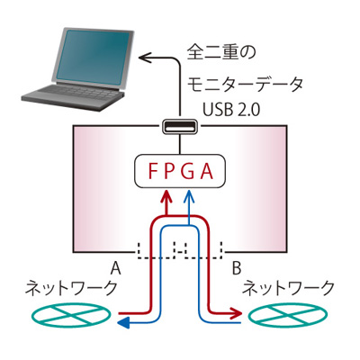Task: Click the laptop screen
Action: (x=93, y=56)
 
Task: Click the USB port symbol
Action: (x=180, y=126)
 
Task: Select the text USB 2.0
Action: (x=231, y=110)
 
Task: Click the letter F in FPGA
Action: (x=153, y=171)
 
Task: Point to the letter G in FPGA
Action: (x=189, y=171)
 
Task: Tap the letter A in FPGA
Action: (x=207, y=171)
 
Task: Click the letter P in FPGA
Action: (x=170, y=171)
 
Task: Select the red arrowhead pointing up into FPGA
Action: (x=166, y=196)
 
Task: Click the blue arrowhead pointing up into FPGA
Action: (x=188, y=195)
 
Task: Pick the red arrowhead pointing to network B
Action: (x=237, y=313)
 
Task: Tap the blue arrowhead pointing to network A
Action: (x=123, y=323)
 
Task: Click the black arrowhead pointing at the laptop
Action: (x=144, y=58)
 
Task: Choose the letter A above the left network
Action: (x=115, y=268)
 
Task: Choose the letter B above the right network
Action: (x=237, y=268)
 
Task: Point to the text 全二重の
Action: (x=221, y=53)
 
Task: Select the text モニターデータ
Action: (x=246, y=85)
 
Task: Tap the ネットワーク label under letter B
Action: (x=288, y=288)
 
